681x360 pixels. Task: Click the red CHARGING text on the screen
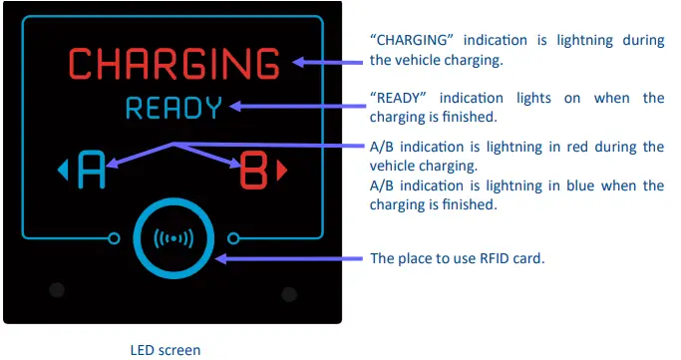(173, 64)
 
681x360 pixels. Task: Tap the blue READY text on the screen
(173, 108)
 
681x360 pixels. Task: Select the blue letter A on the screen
(91, 171)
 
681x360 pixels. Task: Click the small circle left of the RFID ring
(113, 237)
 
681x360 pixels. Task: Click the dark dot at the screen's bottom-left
(57, 290)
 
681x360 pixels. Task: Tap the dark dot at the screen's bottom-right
(289, 294)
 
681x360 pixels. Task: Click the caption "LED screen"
(166, 350)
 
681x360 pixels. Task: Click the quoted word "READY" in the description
(398, 98)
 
